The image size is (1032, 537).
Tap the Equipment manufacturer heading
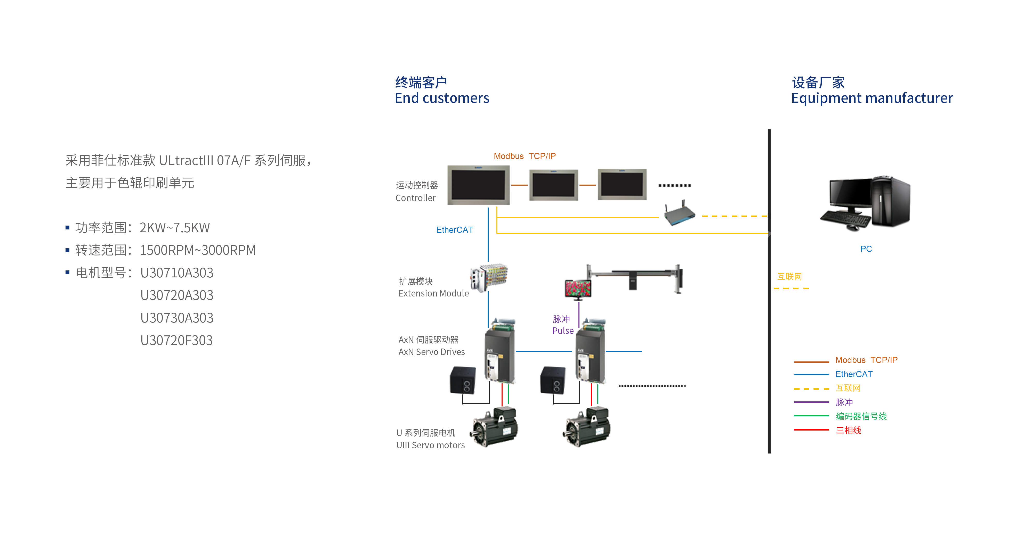click(872, 98)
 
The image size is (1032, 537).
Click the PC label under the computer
click(866, 249)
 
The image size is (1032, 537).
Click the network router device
click(679, 213)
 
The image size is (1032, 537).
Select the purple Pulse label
click(563, 331)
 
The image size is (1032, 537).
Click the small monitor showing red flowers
click(578, 289)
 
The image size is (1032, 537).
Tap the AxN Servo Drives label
click(431, 352)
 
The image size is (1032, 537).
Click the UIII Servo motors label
click(430, 445)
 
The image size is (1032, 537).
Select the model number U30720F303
click(176, 340)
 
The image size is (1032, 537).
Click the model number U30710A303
click(177, 273)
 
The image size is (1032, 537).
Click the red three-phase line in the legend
click(811, 430)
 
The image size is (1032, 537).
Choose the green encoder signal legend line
click(811, 416)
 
